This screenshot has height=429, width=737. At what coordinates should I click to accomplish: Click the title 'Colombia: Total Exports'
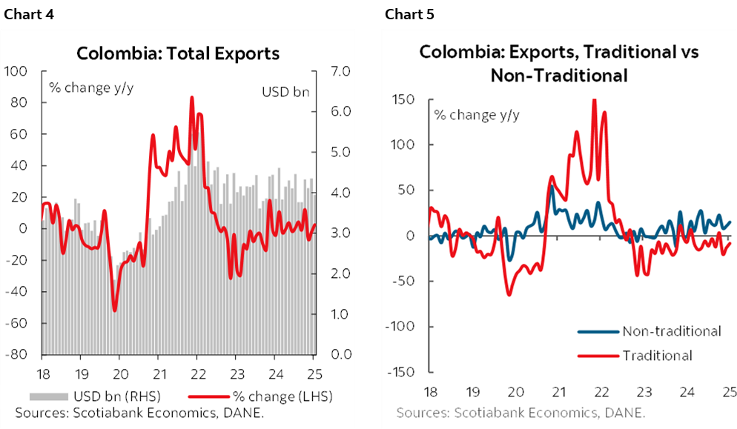pyautogui.click(x=178, y=53)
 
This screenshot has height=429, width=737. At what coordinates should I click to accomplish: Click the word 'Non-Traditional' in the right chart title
pyautogui.click(x=559, y=76)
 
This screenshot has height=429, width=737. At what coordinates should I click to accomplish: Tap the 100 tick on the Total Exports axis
pyautogui.click(x=16, y=71)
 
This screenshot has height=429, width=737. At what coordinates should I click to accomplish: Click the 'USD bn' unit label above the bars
pyautogui.click(x=285, y=92)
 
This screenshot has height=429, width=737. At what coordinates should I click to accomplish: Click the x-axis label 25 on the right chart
pyautogui.click(x=729, y=390)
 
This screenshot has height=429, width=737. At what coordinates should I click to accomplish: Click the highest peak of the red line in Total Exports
pyautogui.click(x=192, y=97)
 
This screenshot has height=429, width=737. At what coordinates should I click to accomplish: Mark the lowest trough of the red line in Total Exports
pyautogui.click(x=115, y=310)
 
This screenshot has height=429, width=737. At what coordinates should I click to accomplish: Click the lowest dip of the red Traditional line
pyautogui.click(x=509, y=295)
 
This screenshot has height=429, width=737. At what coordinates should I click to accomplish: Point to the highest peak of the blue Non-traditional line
pyautogui.click(x=551, y=186)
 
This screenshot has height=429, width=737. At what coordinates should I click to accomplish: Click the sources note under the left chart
pyautogui.click(x=139, y=412)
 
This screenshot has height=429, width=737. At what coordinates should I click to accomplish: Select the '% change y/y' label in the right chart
pyautogui.click(x=476, y=115)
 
